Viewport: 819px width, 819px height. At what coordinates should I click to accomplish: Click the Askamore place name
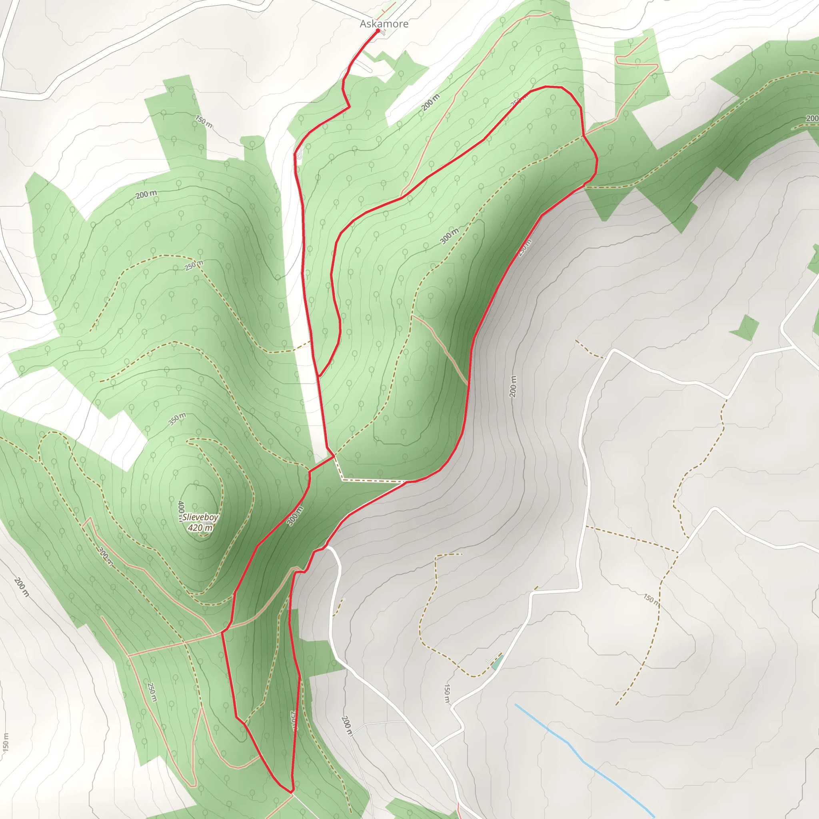coord(384,24)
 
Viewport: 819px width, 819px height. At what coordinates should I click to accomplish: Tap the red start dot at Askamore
coord(378,30)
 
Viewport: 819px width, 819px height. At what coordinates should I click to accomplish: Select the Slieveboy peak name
coord(200,517)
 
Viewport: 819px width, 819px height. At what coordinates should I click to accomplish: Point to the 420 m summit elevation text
coord(200,528)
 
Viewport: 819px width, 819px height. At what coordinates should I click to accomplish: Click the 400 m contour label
coord(181,509)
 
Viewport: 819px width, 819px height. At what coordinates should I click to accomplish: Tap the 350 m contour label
coord(177,419)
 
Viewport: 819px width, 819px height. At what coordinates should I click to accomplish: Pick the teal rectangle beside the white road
coord(497,662)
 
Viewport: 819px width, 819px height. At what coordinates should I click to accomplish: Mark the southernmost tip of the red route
coord(291,792)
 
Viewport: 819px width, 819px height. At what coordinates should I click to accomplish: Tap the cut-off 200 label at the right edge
coord(812,118)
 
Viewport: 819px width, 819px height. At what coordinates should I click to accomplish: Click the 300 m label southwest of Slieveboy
coord(106,556)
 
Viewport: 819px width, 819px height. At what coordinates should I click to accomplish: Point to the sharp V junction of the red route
coord(319,376)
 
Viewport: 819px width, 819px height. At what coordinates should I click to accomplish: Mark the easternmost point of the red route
coord(597,160)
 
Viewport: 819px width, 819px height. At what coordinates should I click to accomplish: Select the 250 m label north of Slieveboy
coord(194,265)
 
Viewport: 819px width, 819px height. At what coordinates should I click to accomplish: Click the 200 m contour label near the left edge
coord(21,587)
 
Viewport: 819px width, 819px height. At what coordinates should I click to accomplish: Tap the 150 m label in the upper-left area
coord(204,122)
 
